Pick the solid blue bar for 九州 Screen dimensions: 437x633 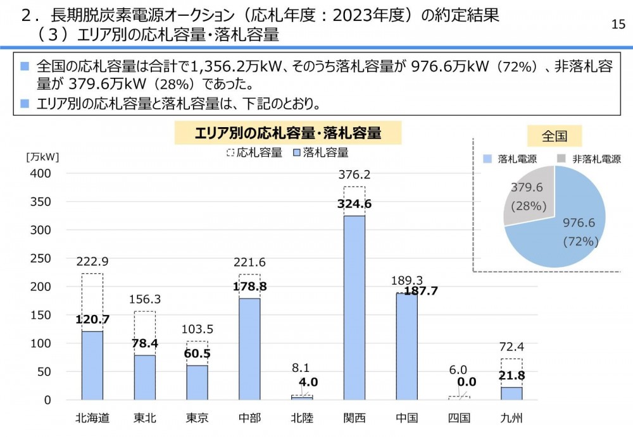(x=511, y=393)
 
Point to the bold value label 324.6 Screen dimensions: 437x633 (x=354, y=204)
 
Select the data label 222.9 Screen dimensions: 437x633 (x=92, y=262)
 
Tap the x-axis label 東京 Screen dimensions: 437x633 (x=197, y=418)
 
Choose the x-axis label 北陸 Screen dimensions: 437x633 (x=302, y=418)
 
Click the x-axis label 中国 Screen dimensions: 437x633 (x=406, y=418)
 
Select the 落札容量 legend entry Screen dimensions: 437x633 (x=321, y=152)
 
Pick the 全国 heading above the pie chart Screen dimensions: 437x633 (x=554, y=135)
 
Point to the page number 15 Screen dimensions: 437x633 (x=618, y=24)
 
